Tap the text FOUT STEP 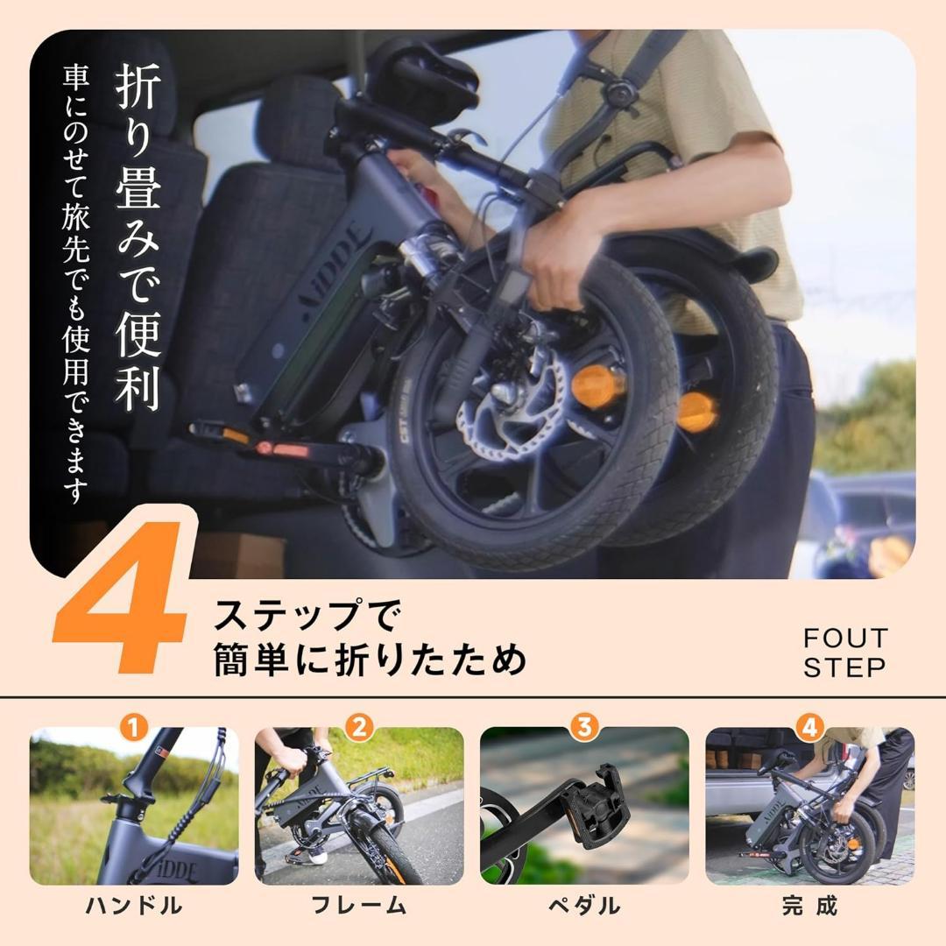click(x=845, y=653)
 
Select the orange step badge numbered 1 click(x=133, y=727)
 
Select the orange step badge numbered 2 click(x=359, y=727)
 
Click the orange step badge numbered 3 click(x=584, y=727)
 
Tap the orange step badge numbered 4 click(x=809, y=727)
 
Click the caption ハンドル click(x=134, y=905)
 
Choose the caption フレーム click(x=359, y=905)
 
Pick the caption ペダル click(x=584, y=905)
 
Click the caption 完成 click(x=809, y=905)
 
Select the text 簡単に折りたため click(x=370, y=660)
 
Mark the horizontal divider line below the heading click(x=473, y=698)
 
